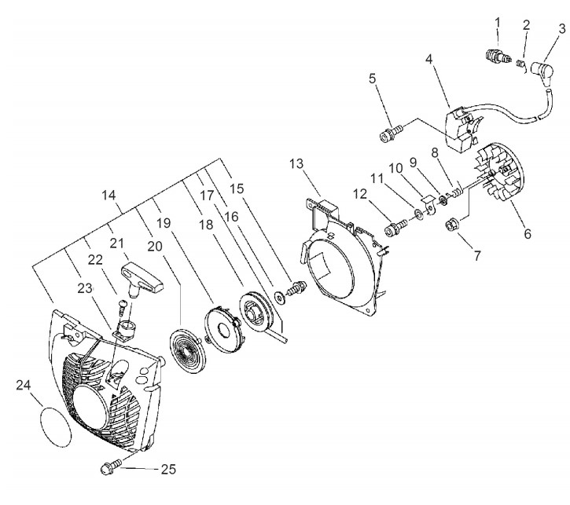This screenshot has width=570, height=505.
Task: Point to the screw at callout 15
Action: pyautogui.click(x=297, y=288)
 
